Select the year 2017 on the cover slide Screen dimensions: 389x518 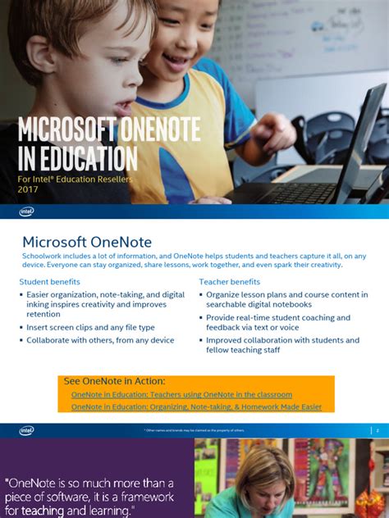[x=27, y=189]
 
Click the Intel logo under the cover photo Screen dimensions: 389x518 [x=26, y=211]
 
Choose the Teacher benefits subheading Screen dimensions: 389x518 [x=229, y=282]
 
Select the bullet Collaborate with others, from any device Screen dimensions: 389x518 [x=100, y=340]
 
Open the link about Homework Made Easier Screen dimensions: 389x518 [x=196, y=407]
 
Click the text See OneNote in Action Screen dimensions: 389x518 [x=114, y=381]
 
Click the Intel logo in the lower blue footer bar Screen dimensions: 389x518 [x=26, y=430]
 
